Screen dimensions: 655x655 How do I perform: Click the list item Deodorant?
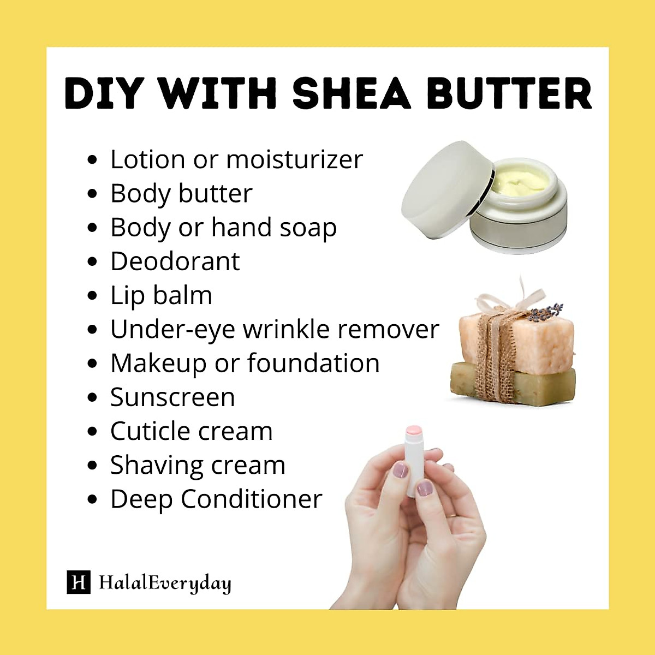[175, 261]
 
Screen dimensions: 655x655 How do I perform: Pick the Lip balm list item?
[161, 295]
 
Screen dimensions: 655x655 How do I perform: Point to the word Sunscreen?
[172, 397]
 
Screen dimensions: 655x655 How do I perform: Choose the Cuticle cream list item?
[191, 431]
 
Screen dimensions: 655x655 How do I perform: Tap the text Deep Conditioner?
[216, 499]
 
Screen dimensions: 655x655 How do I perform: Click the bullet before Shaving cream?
[92, 466]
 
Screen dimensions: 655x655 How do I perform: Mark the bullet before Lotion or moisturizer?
[92, 160]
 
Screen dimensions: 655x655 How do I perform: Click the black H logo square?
[78, 582]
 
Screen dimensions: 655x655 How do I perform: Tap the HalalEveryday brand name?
[165, 583]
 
